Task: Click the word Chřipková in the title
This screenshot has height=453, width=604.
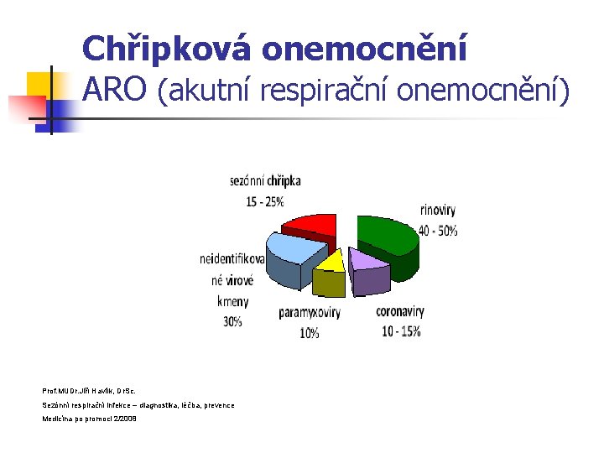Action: point(167,49)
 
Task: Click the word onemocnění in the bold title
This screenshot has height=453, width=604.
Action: point(363,49)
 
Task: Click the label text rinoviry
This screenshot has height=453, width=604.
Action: point(437,211)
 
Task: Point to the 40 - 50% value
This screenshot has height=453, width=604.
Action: point(439,229)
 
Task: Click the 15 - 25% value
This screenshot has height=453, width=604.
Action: point(264,200)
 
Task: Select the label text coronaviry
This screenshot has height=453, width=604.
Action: point(399,311)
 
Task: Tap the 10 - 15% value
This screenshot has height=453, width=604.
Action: point(400,331)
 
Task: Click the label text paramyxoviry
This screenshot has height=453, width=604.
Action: point(310,313)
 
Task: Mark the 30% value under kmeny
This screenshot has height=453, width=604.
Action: point(232,321)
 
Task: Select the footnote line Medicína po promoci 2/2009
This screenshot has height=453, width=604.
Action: point(89,419)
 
